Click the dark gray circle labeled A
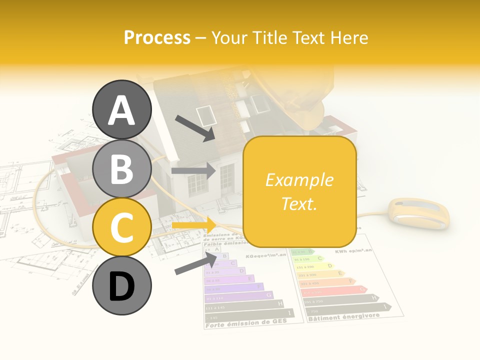[x=121, y=109]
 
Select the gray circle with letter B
[x=121, y=168]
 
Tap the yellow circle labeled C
[x=121, y=227]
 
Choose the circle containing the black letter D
[x=121, y=286]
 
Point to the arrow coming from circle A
[x=194, y=128]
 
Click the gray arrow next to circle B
[x=193, y=171]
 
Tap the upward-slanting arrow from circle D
[x=195, y=264]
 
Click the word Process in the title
[x=157, y=37]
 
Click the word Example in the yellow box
[x=299, y=180]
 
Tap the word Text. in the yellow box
[x=299, y=203]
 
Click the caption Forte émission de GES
[x=245, y=322]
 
